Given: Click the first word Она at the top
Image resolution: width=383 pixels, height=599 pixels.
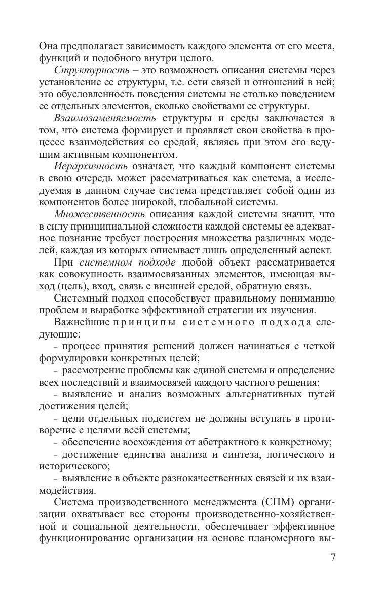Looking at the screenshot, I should click(x=48, y=46).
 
